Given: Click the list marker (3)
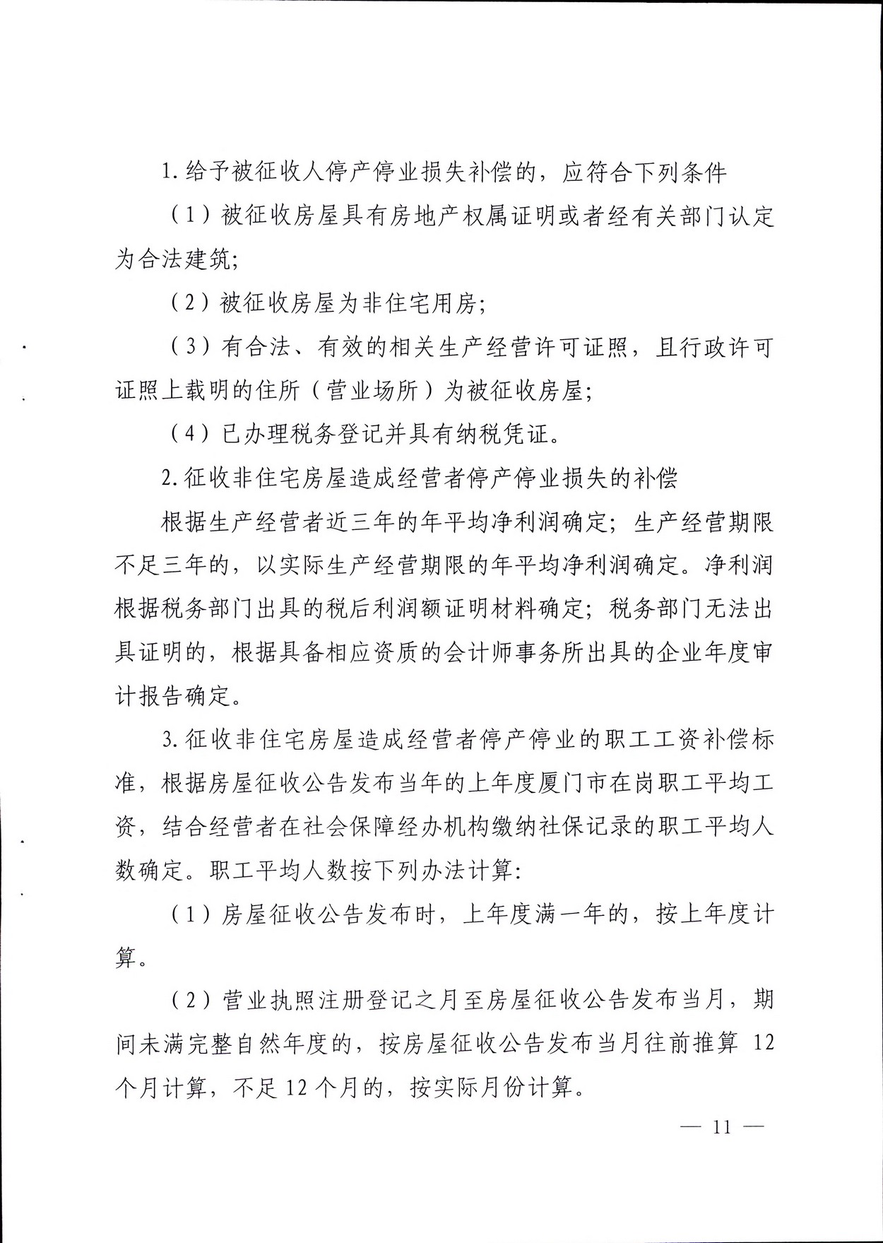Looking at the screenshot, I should tap(189, 347).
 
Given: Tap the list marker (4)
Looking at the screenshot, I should tap(189, 434).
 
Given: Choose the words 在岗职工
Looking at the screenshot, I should tap(626, 784).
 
